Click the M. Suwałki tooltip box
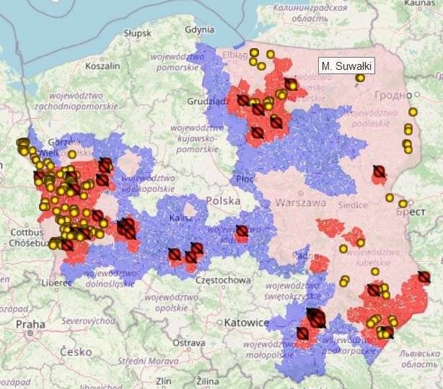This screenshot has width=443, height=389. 346,66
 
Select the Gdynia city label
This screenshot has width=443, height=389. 200,30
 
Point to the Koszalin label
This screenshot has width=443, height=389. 102,65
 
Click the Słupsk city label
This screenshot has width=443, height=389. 137,33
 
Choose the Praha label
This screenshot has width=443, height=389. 30,324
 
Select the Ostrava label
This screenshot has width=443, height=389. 193,342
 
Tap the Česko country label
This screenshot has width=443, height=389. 76,352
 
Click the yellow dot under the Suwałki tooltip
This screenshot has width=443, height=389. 360,78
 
